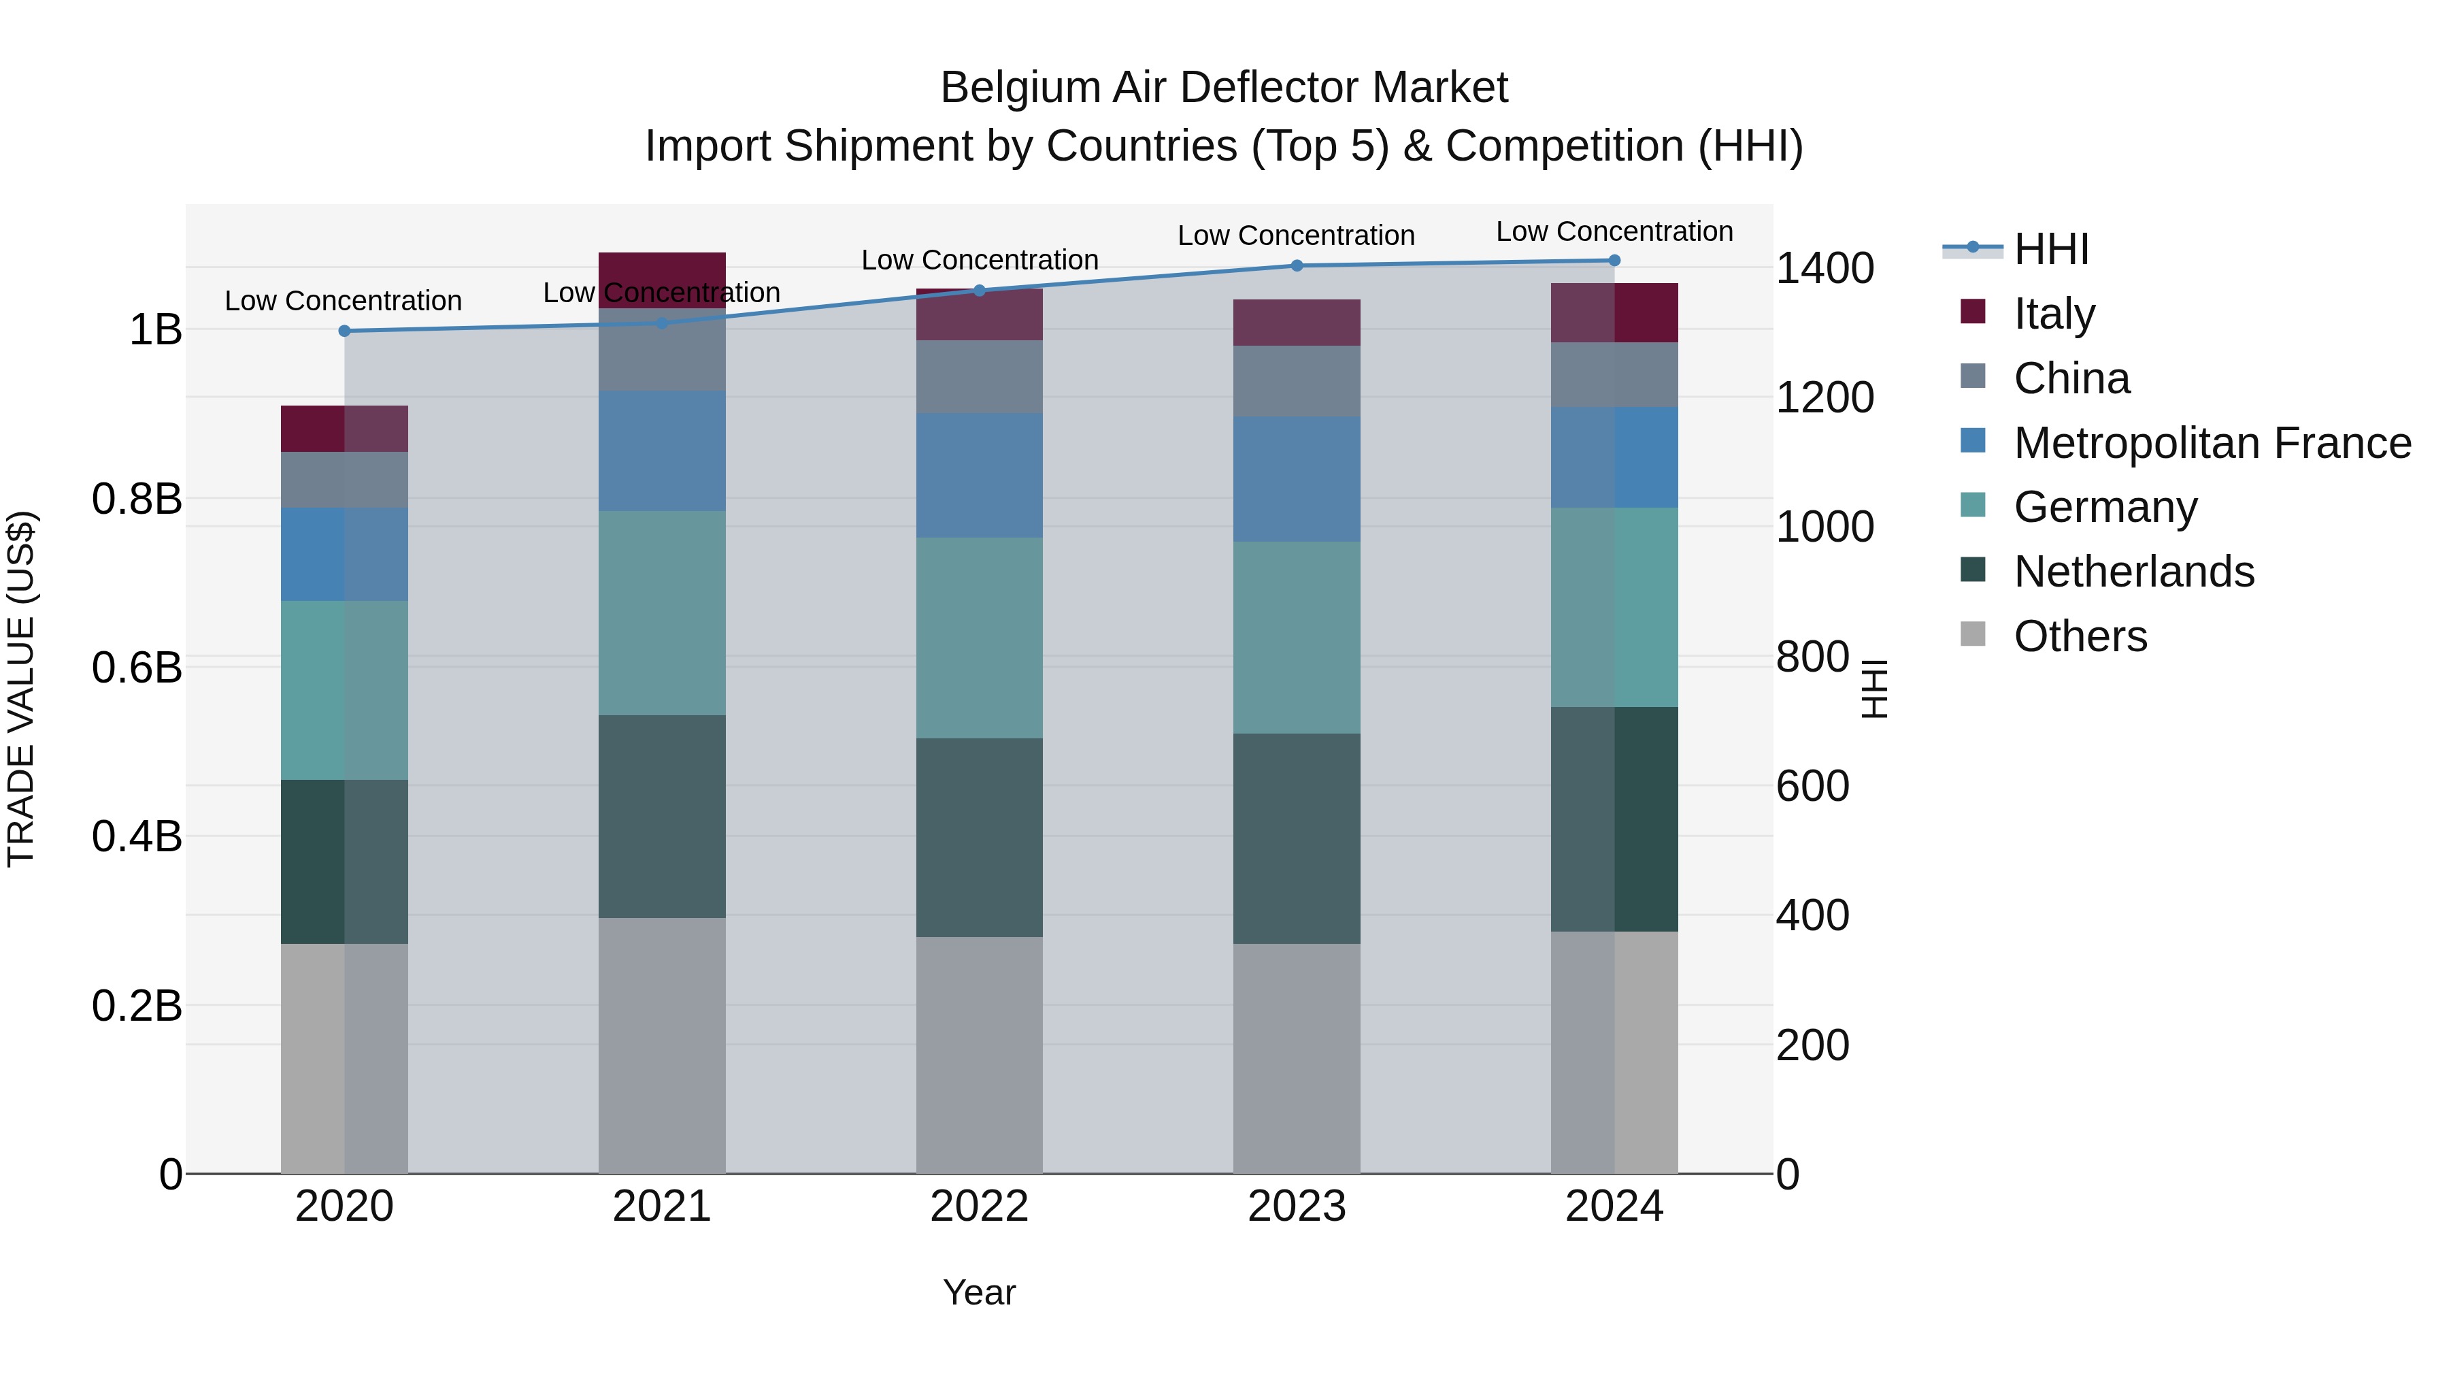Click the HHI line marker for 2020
(344, 331)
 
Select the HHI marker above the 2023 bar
(1297, 265)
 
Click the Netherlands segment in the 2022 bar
(979, 837)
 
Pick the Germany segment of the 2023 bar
(1297, 637)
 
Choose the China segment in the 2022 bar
(979, 376)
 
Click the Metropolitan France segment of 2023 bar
(1297, 478)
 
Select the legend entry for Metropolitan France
(2212, 442)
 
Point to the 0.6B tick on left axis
(137, 668)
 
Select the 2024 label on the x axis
(1614, 1207)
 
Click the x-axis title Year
(979, 1292)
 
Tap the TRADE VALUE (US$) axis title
(22, 689)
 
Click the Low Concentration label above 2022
(979, 260)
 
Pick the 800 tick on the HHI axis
(1812, 656)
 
